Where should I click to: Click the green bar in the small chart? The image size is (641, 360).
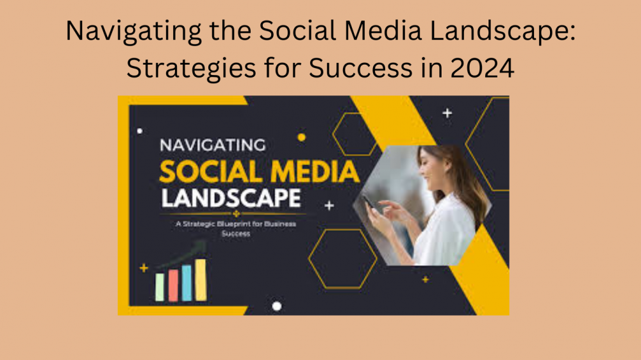point(160,288)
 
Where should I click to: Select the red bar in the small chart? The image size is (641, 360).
point(173,285)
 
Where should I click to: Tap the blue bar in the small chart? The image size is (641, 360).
point(187,282)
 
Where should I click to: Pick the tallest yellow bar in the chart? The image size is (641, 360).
point(201,280)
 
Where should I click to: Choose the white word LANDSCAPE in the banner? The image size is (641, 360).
point(230,198)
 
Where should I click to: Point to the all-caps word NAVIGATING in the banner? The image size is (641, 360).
point(212,145)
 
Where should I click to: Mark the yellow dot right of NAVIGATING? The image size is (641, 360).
point(301,137)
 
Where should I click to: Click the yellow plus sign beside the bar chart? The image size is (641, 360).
point(144,268)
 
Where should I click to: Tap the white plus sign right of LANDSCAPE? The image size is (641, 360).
point(329,206)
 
